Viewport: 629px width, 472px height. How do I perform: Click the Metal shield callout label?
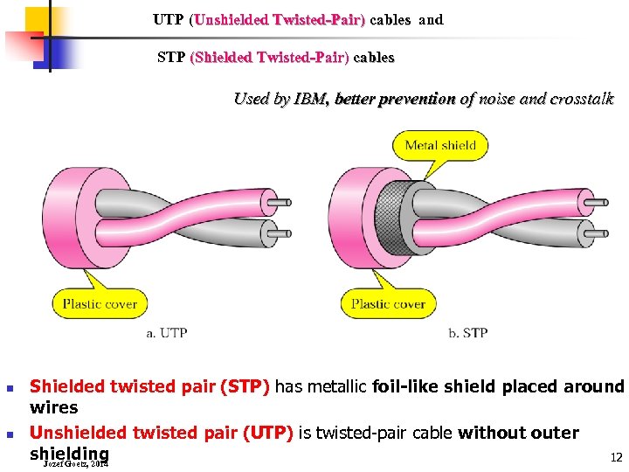[x=440, y=145]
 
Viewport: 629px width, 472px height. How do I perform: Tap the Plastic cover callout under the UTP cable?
[x=100, y=304]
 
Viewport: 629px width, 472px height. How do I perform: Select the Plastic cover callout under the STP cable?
[x=388, y=304]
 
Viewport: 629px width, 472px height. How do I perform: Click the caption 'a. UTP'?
[x=167, y=333]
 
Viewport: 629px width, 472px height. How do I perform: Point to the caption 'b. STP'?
[x=467, y=333]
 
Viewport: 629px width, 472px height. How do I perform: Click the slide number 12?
[x=616, y=457]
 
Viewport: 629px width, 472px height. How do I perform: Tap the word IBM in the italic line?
[x=311, y=99]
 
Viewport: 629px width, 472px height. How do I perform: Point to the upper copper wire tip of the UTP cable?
[x=279, y=205]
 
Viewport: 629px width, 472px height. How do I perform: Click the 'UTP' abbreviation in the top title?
[x=169, y=19]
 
